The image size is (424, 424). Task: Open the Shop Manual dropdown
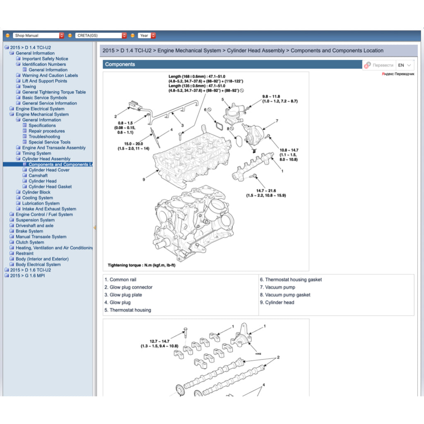click(x=38, y=36)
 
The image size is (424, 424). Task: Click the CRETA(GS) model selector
click(x=101, y=36)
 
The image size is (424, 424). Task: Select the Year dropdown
click(x=147, y=36)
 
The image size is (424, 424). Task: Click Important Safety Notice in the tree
click(x=45, y=59)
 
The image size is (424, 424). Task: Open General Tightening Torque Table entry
click(x=54, y=92)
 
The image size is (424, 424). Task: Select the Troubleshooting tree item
click(x=44, y=137)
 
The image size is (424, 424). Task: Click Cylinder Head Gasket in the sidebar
click(x=50, y=187)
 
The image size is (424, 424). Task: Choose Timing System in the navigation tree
click(x=36, y=153)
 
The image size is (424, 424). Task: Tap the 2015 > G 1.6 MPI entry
click(x=27, y=276)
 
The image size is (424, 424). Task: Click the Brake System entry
click(x=29, y=231)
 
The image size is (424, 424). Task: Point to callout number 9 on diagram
click(x=144, y=180)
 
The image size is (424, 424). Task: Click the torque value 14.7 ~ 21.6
click(x=266, y=190)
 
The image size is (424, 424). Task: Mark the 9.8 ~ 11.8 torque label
click(x=274, y=96)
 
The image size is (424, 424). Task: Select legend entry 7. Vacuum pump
click(x=277, y=287)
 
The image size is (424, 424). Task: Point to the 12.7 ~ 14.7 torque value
click(x=159, y=341)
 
